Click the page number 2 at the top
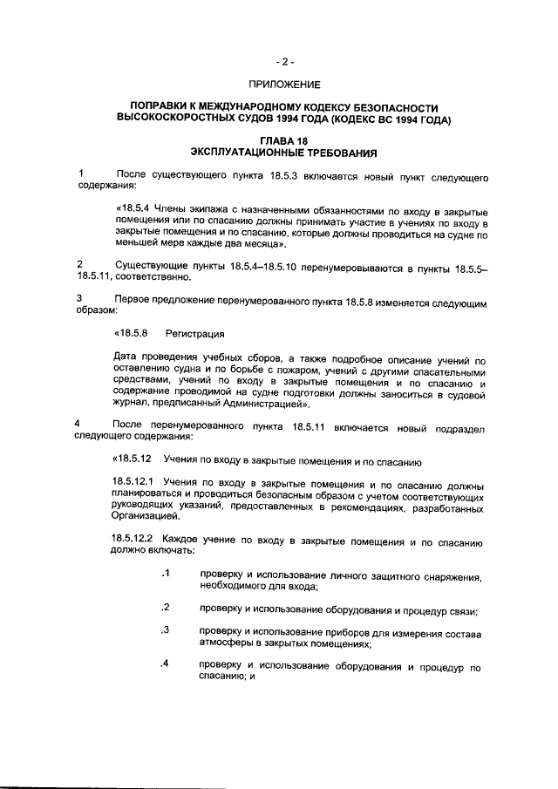click(285, 62)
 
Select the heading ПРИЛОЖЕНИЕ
click(285, 85)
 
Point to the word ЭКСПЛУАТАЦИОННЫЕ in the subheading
click(250, 152)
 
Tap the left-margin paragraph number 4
click(80, 424)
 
